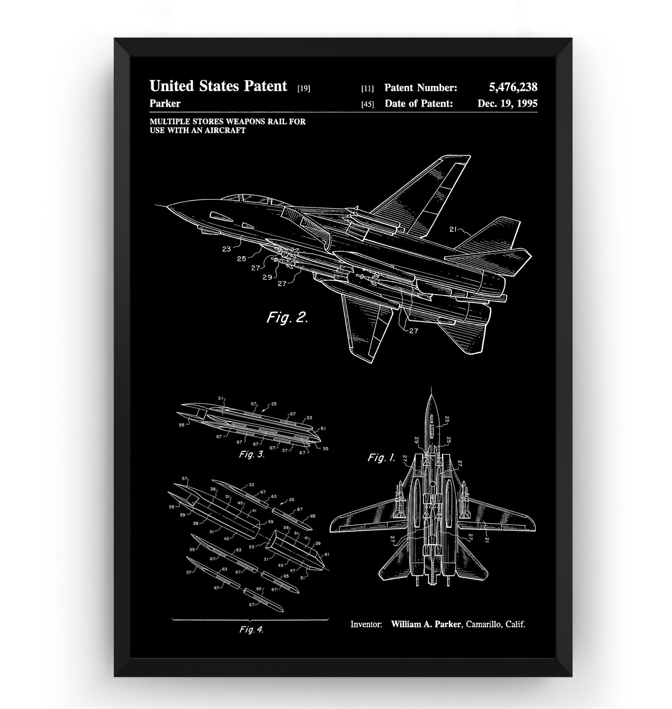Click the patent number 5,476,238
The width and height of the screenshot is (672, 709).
(513, 87)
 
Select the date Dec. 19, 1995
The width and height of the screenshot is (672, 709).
(507, 104)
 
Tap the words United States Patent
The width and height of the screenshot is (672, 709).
(218, 86)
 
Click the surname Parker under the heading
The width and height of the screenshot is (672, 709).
(165, 104)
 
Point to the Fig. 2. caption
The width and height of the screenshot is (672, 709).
(287, 317)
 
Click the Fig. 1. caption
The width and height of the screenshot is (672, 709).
(382, 458)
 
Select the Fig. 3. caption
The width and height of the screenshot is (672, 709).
(251, 455)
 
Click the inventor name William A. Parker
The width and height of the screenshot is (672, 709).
(425, 624)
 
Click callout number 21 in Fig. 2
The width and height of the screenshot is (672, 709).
(453, 230)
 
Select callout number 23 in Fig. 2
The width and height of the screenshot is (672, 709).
(226, 249)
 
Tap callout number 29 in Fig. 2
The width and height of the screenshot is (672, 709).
(267, 277)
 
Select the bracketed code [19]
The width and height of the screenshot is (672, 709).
(304, 89)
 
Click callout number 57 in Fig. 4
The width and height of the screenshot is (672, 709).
(185, 478)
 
